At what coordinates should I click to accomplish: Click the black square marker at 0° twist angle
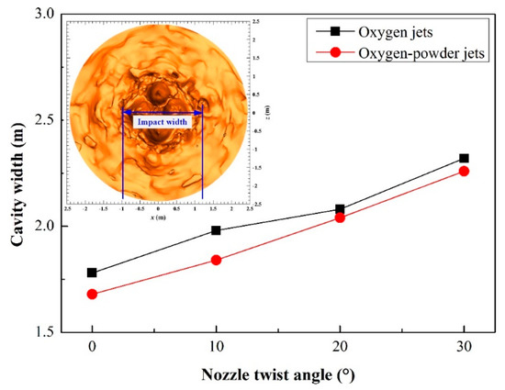click(92, 273)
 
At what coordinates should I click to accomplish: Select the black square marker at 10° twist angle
click(216, 230)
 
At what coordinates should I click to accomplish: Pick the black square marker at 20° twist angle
click(340, 209)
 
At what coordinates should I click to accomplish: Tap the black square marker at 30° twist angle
click(464, 159)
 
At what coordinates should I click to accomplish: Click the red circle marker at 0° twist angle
click(92, 294)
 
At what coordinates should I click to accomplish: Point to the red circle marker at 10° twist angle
click(216, 260)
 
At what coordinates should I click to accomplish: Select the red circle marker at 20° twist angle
click(340, 217)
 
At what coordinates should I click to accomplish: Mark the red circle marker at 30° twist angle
click(464, 171)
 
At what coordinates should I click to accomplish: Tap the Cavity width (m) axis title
click(16, 174)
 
